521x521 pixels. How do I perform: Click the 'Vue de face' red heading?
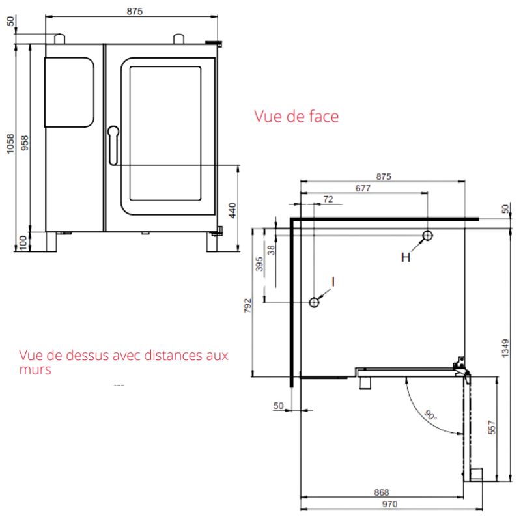(296, 117)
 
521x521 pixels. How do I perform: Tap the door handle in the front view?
(113, 145)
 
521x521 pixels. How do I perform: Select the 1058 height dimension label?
(10, 143)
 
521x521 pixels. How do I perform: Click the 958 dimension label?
(25, 143)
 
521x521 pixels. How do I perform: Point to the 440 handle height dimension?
(232, 210)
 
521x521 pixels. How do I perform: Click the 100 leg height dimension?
(23, 242)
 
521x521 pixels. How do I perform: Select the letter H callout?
(406, 257)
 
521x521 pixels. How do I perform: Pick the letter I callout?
(333, 282)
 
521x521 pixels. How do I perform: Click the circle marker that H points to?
(427, 236)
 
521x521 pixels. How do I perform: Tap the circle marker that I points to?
(314, 302)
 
